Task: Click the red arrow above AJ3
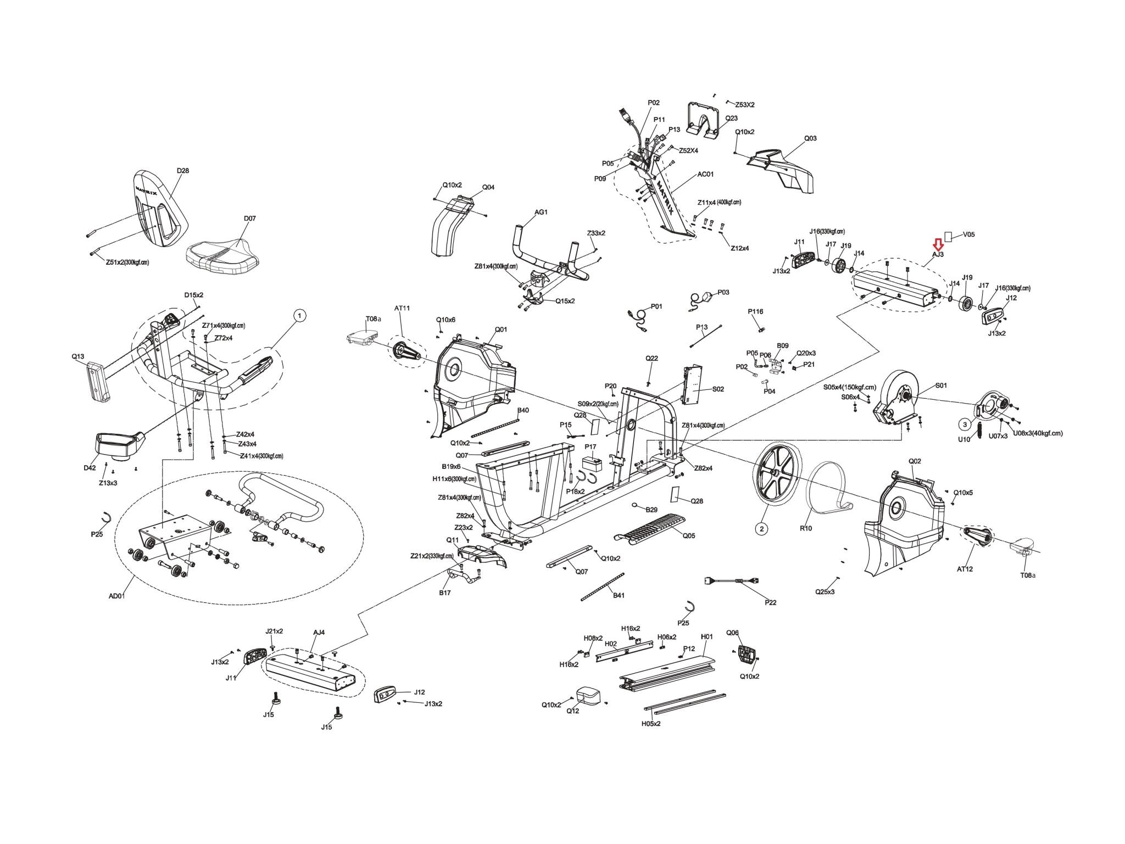938,244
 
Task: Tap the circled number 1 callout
299,315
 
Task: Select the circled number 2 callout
761,528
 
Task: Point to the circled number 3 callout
964,423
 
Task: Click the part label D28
183,171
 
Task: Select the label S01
941,385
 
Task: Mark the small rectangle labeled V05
948,236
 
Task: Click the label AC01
705,175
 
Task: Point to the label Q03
810,138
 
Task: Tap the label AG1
541,212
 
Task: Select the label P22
771,602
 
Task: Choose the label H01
707,636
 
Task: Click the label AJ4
319,632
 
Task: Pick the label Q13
78,356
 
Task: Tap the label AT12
965,569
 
